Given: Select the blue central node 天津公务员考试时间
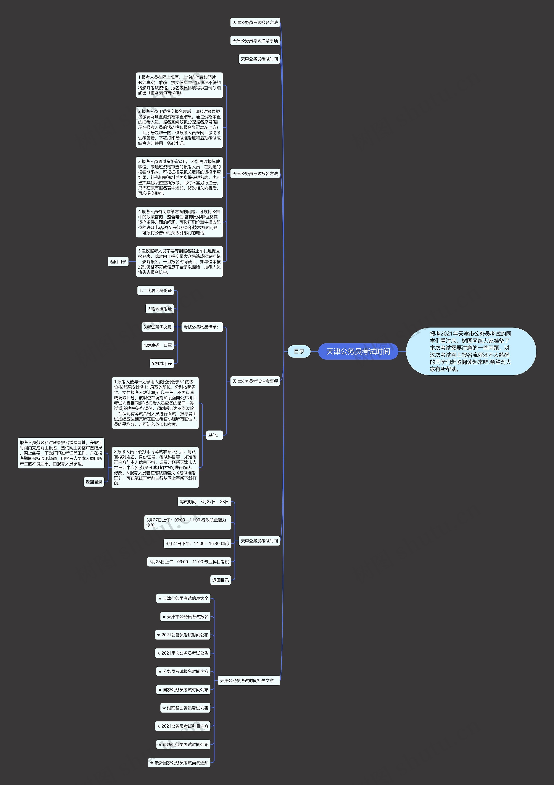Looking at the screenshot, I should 358,352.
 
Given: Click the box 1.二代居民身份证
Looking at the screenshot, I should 156,291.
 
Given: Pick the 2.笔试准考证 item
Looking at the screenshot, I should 160,309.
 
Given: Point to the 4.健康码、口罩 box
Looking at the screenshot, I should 158,345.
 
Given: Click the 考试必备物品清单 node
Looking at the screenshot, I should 201,327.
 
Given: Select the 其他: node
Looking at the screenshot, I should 213,435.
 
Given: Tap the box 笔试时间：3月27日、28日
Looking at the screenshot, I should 204,502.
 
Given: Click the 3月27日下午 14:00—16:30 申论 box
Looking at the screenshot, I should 197,543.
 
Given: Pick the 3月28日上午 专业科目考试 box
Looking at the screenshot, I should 189,562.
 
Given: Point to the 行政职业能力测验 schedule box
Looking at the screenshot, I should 187,522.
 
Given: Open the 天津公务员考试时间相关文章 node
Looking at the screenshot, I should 248,680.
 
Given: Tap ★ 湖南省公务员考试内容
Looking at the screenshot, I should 185,708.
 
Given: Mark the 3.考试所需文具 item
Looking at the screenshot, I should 158,327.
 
